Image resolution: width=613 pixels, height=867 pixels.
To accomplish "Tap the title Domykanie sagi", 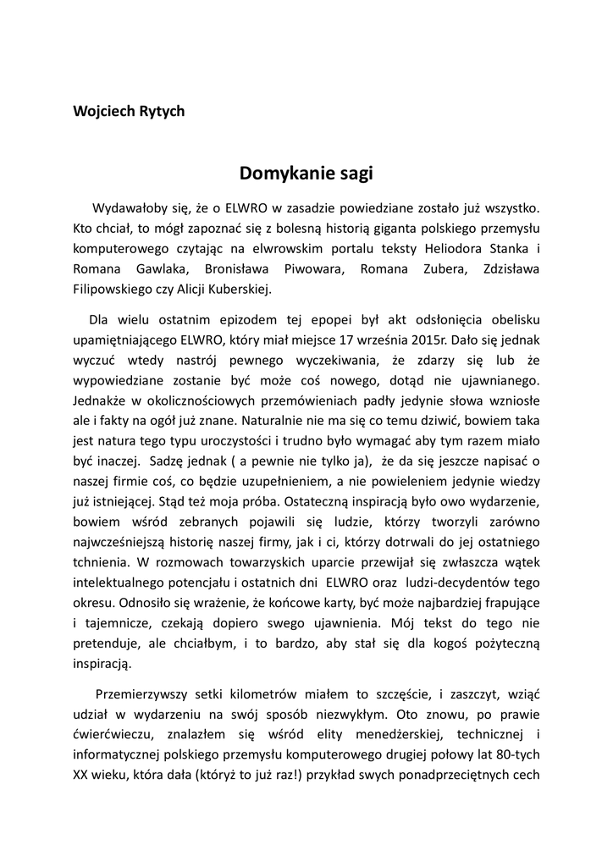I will pyautogui.click(x=306, y=174).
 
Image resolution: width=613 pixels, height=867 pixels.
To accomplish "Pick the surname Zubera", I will pyautogui.click(x=427, y=270).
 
